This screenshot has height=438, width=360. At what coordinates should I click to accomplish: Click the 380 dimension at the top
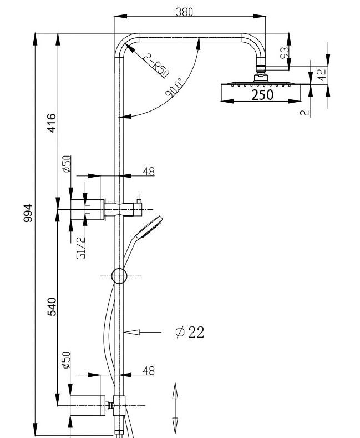point(184,12)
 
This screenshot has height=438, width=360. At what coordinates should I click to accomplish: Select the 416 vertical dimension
point(51,123)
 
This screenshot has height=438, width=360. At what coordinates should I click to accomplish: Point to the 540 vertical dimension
point(51,307)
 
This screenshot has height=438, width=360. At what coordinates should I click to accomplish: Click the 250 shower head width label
point(262,94)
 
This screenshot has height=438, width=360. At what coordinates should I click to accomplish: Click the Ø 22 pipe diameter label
point(189,332)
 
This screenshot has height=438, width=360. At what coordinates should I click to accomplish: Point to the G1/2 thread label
point(80,247)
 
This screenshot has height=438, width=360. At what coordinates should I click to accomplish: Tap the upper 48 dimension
point(148,172)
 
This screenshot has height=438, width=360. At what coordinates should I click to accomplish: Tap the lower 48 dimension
point(148,371)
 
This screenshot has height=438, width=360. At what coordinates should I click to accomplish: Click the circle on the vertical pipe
point(119,276)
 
